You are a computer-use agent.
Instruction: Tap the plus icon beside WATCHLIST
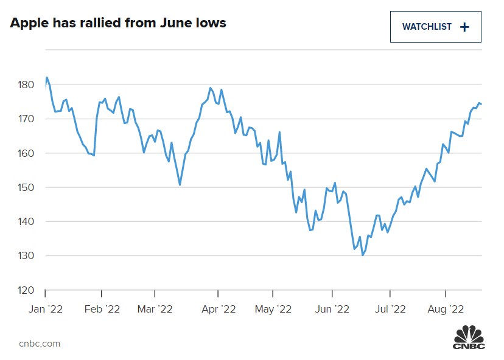pyautogui.click(x=464, y=27)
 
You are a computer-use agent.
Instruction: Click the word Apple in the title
pyautogui.click(x=31, y=24)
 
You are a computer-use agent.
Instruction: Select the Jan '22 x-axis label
pyautogui.click(x=46, y=309)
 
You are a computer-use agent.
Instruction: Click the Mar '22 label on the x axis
pyautogui.click(x=155, y=309)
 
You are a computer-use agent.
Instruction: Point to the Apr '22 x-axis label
pyautogui.click(x=218, y=309)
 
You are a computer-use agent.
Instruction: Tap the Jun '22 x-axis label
pyautogui.click(x=332, y=309)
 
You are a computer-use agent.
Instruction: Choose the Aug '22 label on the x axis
pyautogui.click(x=447, y=309)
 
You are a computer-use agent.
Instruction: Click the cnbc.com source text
pyautogui.click(x=40, y=343)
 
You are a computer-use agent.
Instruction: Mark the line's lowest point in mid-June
pyautogui.click(x=363, y=255)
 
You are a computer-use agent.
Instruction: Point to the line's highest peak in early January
pyautogui.click(x=47, y=78)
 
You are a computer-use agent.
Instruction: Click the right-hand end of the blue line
pyautogui.click(x=481, y=104)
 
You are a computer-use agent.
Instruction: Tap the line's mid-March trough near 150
pyautogui.click(x=180, y=185)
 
